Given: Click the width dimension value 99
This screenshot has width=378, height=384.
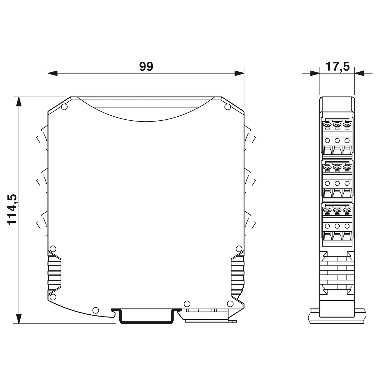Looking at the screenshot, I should (x=146, y=67).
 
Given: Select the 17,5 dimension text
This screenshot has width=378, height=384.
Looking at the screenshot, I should (x=337, y=67).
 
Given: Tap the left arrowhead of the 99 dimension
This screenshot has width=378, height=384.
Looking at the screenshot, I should (x=53, y=73).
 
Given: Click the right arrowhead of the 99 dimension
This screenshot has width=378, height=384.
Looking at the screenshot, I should (x=239, y=73).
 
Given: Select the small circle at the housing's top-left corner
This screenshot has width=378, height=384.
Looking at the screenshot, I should (x=64, y=107).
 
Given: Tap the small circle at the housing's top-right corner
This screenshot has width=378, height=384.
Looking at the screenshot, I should (x=227, y=107).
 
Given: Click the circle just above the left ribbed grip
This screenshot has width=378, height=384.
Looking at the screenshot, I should (x=53, y=249).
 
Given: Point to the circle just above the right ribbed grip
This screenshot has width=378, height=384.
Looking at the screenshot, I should (x=239, y=249).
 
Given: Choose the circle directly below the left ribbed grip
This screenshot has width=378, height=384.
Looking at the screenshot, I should (x=53, y=297).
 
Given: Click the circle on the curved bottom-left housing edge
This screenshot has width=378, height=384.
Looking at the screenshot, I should (x=95, y=310).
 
